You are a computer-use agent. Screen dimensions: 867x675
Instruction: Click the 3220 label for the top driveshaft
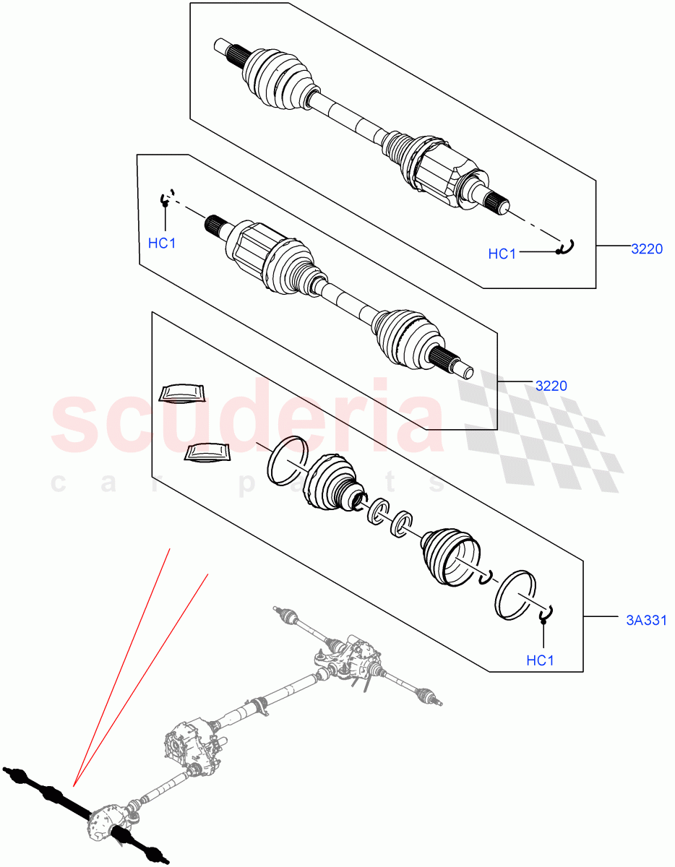(x=646, y=249)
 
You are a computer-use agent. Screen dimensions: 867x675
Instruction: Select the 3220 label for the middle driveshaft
(x=551, y=386)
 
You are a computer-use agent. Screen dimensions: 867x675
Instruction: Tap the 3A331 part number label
(x=645, y=619)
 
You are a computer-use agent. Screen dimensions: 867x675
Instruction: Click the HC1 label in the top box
(x=502, y=254)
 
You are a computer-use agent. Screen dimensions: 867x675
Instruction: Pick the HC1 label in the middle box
(x=162, y=243)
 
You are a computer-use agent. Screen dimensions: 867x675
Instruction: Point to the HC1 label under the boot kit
(x=540, y=660)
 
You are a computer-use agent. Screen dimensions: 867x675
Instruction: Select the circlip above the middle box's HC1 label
(x=167, y=197)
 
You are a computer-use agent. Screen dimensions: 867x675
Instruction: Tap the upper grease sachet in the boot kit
(x=182, y=392)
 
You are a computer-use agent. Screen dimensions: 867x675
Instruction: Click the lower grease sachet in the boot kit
(x=208, y=452)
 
